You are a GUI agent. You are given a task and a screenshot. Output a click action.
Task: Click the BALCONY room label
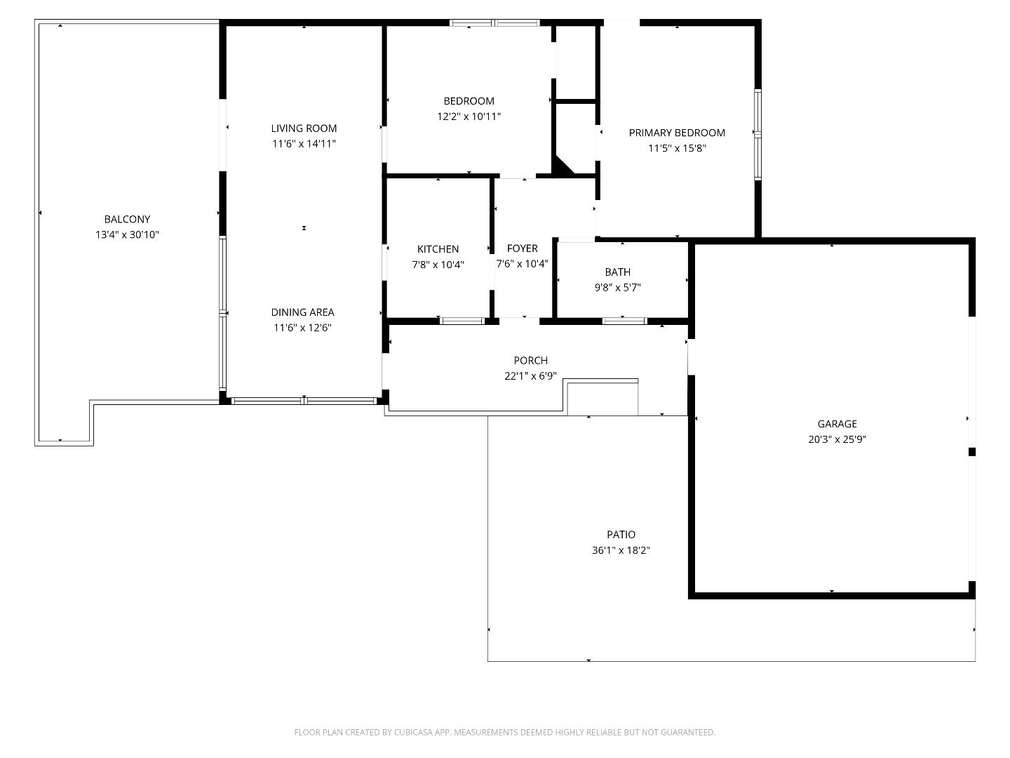(x=127, y=219)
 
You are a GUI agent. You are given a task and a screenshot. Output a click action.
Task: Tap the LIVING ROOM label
(x=304, y=128)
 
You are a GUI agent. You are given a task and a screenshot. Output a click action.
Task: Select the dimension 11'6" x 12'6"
(x=302, y=328)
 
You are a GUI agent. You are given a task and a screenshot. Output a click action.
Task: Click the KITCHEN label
(x=438, y=249)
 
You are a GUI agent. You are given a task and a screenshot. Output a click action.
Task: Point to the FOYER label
(x=522, y=248)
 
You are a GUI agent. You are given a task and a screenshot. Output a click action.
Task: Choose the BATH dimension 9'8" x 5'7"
(x=617, y=287)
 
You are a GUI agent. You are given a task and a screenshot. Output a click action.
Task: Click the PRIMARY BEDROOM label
(x=676, y=133)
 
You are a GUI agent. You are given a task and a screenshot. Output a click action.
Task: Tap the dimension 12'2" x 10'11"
(x=469, y=117)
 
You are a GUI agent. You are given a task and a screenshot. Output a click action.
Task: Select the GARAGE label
(x=837, y=424)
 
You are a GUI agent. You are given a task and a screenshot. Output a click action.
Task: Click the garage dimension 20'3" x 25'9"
(x=837, y=440)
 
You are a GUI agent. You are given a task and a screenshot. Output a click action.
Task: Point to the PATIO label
(x=621, y=535)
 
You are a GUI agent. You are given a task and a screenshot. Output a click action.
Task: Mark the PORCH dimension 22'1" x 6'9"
(x=530, y=376)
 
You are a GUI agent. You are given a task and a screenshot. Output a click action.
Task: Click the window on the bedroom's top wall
(x=494, y=23)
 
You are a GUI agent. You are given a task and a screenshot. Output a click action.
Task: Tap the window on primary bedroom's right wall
(x=757, y=133)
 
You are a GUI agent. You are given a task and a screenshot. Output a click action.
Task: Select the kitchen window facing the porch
(x=462, y=321)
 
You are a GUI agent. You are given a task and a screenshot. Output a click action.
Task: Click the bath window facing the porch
(x=624, y=321)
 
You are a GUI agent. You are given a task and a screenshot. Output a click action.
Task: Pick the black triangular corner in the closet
(x=562, y=166)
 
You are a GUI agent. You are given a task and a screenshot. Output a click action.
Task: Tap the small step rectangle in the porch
(x=602, y=398)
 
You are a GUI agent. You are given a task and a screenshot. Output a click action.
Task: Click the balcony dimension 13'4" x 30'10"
(x=127, y=235)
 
